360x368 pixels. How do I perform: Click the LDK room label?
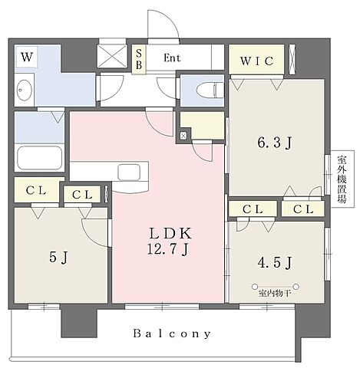tap(170, 233)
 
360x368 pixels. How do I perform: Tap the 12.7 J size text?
tap(168, 248)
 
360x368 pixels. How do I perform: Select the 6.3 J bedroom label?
tap(275, 143)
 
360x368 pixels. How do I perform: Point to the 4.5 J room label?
tap(275, 262)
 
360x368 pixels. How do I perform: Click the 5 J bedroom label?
tap(58, 257)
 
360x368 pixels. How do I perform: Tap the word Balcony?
tap(172, 333)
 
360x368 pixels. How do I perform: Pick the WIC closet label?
tap(257, 61)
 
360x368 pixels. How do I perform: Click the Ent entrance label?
tap(172, 58)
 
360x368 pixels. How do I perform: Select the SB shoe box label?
tap(139, 60)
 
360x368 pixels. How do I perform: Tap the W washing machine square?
tap(27, 57)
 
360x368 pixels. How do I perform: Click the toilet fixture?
tap(210, 90)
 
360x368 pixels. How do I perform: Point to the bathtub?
tap(40, 158)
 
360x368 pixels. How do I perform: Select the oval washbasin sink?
tap(25, 90)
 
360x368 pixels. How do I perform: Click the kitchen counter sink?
tap(129, 172)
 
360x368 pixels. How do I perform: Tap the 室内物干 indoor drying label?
tap(275, 294)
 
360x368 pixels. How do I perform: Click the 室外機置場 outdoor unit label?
tap(342, 179)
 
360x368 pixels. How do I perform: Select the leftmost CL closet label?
tap(36, 190)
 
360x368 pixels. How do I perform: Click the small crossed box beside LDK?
tap(183, 136)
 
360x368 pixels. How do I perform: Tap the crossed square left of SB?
tap(112, 56)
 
